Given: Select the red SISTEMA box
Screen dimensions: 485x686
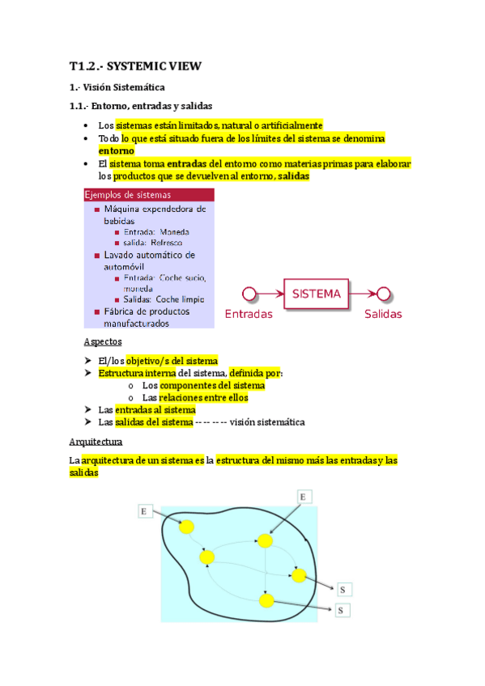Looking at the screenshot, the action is point(317,294).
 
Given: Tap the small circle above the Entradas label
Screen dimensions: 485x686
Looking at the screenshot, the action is point(249,294).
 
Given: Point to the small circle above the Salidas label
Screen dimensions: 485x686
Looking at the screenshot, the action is point(384,294).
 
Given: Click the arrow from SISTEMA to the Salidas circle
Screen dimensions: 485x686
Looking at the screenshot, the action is point(364,294).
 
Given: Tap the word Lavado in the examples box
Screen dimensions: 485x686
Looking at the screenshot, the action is point(121,255).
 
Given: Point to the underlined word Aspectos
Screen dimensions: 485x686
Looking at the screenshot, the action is point(103,342).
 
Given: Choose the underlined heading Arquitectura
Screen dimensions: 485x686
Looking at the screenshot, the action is point(96,443).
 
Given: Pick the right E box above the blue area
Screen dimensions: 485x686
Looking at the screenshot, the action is point(304,495).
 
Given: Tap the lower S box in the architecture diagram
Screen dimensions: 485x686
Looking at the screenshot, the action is point(342,610).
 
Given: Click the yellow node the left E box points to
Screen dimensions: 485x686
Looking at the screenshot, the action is point(187,527).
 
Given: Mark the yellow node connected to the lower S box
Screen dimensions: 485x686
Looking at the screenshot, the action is point(266,600).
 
